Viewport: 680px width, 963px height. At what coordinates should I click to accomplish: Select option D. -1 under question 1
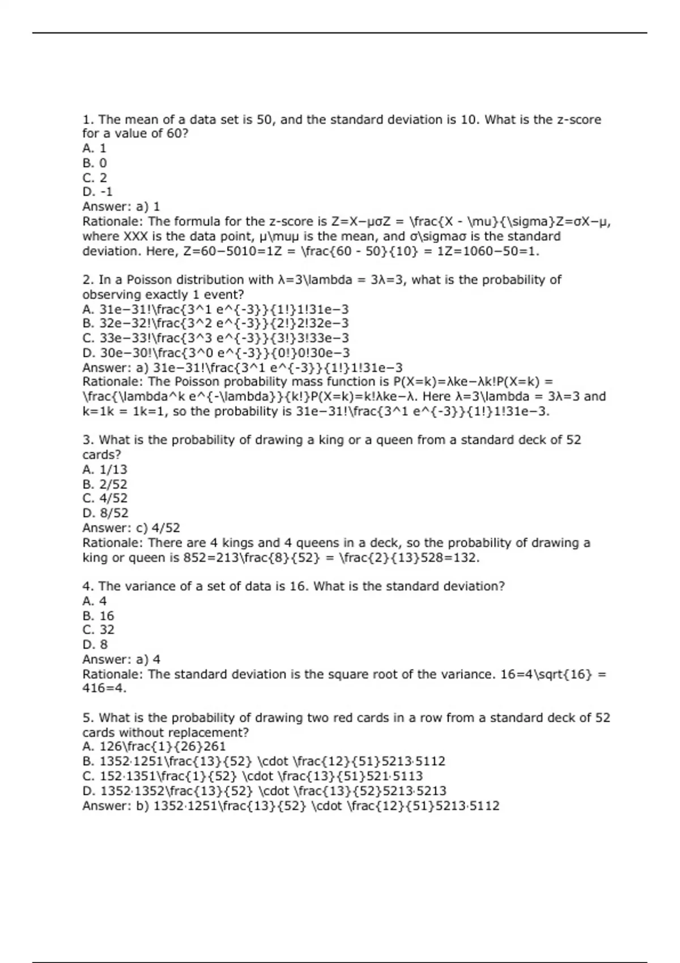point(97,192)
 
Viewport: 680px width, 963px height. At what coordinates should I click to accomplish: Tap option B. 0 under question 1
point(95,163)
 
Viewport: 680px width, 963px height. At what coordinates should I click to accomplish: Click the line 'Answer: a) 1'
point(121,207)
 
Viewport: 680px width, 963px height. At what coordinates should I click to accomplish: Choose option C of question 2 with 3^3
point(215,338)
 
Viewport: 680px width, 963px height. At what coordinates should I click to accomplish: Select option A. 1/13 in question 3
point(105,470)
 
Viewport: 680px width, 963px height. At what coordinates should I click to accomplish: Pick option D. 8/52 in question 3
point(105,513)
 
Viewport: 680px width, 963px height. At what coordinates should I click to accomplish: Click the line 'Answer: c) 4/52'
point(131,528)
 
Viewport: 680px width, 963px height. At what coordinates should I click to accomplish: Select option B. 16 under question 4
point(98,616)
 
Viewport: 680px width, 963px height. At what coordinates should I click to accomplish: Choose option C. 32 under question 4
point(98,630)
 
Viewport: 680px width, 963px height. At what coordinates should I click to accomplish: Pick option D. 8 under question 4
point(95,645)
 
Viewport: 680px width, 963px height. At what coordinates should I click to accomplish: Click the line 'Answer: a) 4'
point(121,659)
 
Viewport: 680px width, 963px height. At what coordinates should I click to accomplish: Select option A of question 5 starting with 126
point(154,747)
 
